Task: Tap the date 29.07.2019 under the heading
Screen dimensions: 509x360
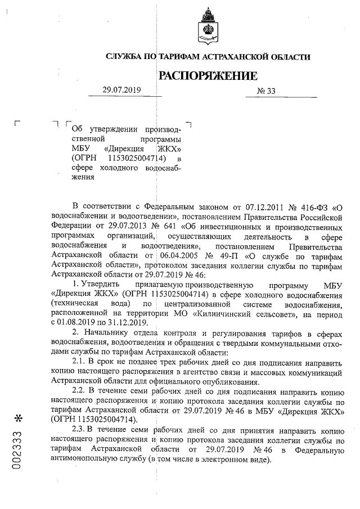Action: coord(121,90)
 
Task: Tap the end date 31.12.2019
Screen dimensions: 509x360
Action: coord(128,322)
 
